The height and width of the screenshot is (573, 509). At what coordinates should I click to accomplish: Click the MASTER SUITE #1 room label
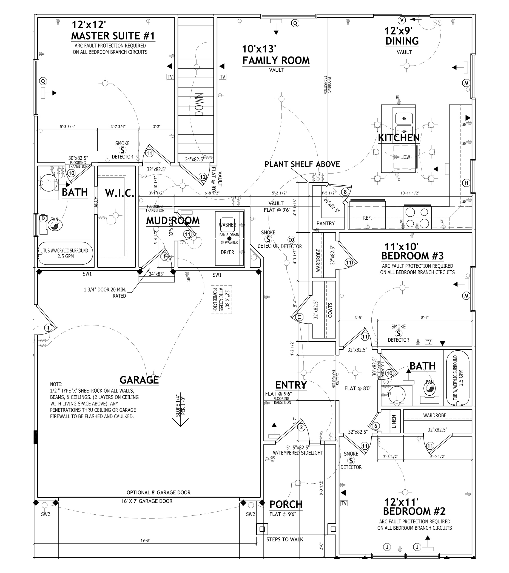coord(113,36)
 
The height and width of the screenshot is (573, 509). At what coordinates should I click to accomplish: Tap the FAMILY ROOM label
coord(276,60)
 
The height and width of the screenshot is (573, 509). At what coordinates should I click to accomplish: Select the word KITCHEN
coord(399,138)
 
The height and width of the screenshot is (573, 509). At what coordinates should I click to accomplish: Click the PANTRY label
coord(326,223)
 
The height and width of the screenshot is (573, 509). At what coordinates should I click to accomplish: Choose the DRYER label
coord(227,252)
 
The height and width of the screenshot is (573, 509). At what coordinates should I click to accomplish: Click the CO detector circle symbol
coord(291,240)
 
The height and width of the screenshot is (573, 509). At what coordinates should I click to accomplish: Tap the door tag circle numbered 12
coord(203,177)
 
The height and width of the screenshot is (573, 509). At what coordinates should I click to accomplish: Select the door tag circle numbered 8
coord(345,192)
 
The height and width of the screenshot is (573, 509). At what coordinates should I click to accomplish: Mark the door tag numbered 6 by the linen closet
coord(376,426)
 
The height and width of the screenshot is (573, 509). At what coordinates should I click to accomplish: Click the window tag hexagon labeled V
coord(402,20)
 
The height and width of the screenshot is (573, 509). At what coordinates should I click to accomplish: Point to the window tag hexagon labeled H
coord(466,183)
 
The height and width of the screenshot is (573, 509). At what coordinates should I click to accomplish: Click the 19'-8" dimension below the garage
coord(145,540)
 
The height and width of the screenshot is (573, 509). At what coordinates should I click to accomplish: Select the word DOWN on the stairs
coord(199,104)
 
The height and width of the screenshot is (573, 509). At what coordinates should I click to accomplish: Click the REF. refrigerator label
coord(367,218)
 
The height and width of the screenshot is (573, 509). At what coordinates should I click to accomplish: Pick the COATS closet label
coord(330,310)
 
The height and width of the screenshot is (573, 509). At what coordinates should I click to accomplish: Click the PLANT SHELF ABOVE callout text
coord(302,164)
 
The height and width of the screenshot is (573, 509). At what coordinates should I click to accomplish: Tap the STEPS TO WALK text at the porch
coord(285,539)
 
